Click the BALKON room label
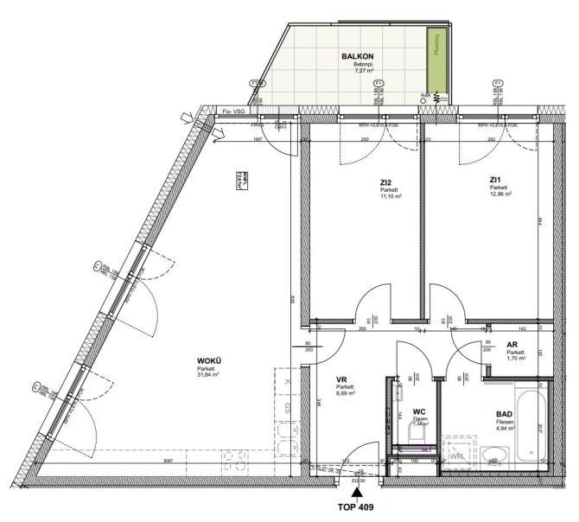(356, 56)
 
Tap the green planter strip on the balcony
(437, 64)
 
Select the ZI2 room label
(386, 181)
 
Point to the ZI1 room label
(497, 180)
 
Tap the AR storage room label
(512, 344)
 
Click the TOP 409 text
(358, 507)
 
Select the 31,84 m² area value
(208, 375)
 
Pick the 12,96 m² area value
(500, 194)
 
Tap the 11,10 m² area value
(391, 196)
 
